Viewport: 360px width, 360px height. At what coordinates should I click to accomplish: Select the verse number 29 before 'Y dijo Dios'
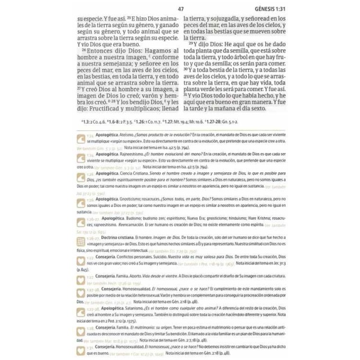[191, 46]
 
